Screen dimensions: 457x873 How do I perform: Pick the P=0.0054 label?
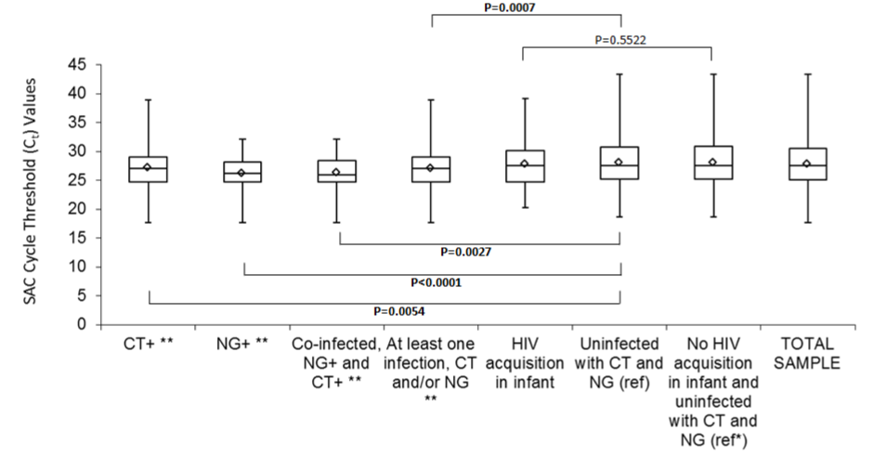point(384,309)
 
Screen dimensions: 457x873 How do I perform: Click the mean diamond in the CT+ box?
point(149,167)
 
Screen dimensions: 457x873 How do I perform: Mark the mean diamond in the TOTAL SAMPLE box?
point(806,164)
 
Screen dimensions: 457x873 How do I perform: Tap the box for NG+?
point(243,172)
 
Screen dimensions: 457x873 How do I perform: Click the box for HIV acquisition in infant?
point(524,165)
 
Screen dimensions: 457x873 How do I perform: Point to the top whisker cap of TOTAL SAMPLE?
point(806,73)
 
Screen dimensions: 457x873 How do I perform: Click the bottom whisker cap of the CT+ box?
point(149,223)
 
